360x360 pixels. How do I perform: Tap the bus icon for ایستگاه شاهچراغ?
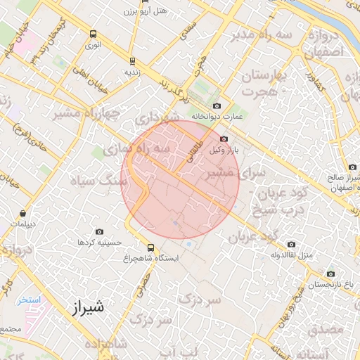[x=150, y=247]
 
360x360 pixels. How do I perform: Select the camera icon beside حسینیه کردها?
[x=98, y=231]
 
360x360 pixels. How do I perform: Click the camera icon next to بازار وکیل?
[x=224, y=140]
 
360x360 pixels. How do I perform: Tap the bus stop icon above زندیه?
[x=133, y=60]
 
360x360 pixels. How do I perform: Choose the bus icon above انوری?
[x=94, y=34]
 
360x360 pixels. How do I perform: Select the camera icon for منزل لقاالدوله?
[x=291, y=244]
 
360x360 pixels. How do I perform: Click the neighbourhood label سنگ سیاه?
[x=104, y=181]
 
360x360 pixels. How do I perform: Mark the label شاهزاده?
[x=106, y=344]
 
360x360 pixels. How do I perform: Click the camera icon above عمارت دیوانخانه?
[x=217, y=105]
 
